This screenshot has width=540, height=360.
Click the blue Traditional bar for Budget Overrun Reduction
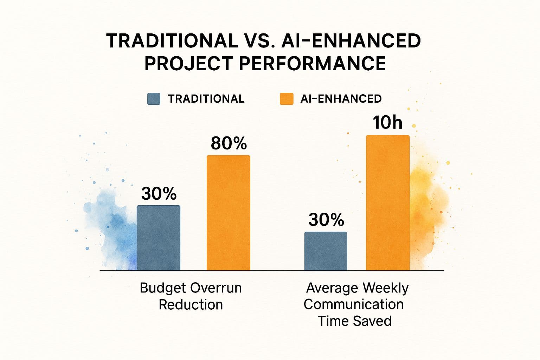coord(158,238)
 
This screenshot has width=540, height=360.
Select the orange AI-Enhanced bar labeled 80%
coord(228,213)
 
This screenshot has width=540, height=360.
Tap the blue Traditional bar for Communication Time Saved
coord(326,251)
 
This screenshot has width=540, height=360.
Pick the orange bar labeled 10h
coord(387,203)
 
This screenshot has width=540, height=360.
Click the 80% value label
coord(229,143)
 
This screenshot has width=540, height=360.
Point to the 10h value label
coord(387,123)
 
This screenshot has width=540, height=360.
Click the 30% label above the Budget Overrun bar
coord(159,194)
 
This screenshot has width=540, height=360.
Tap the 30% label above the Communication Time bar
coord(326,220)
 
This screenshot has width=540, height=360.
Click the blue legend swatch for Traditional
coord(154,99)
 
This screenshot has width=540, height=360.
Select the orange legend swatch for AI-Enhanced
coord(286,99)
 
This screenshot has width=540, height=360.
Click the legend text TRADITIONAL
coord(206,99)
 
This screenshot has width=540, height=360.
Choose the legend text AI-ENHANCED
coord(341,99)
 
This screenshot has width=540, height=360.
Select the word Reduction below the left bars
coord(191,304)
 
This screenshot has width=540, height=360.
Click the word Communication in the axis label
coord(353,304)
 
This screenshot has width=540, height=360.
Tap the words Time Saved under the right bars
coord(354,321)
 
